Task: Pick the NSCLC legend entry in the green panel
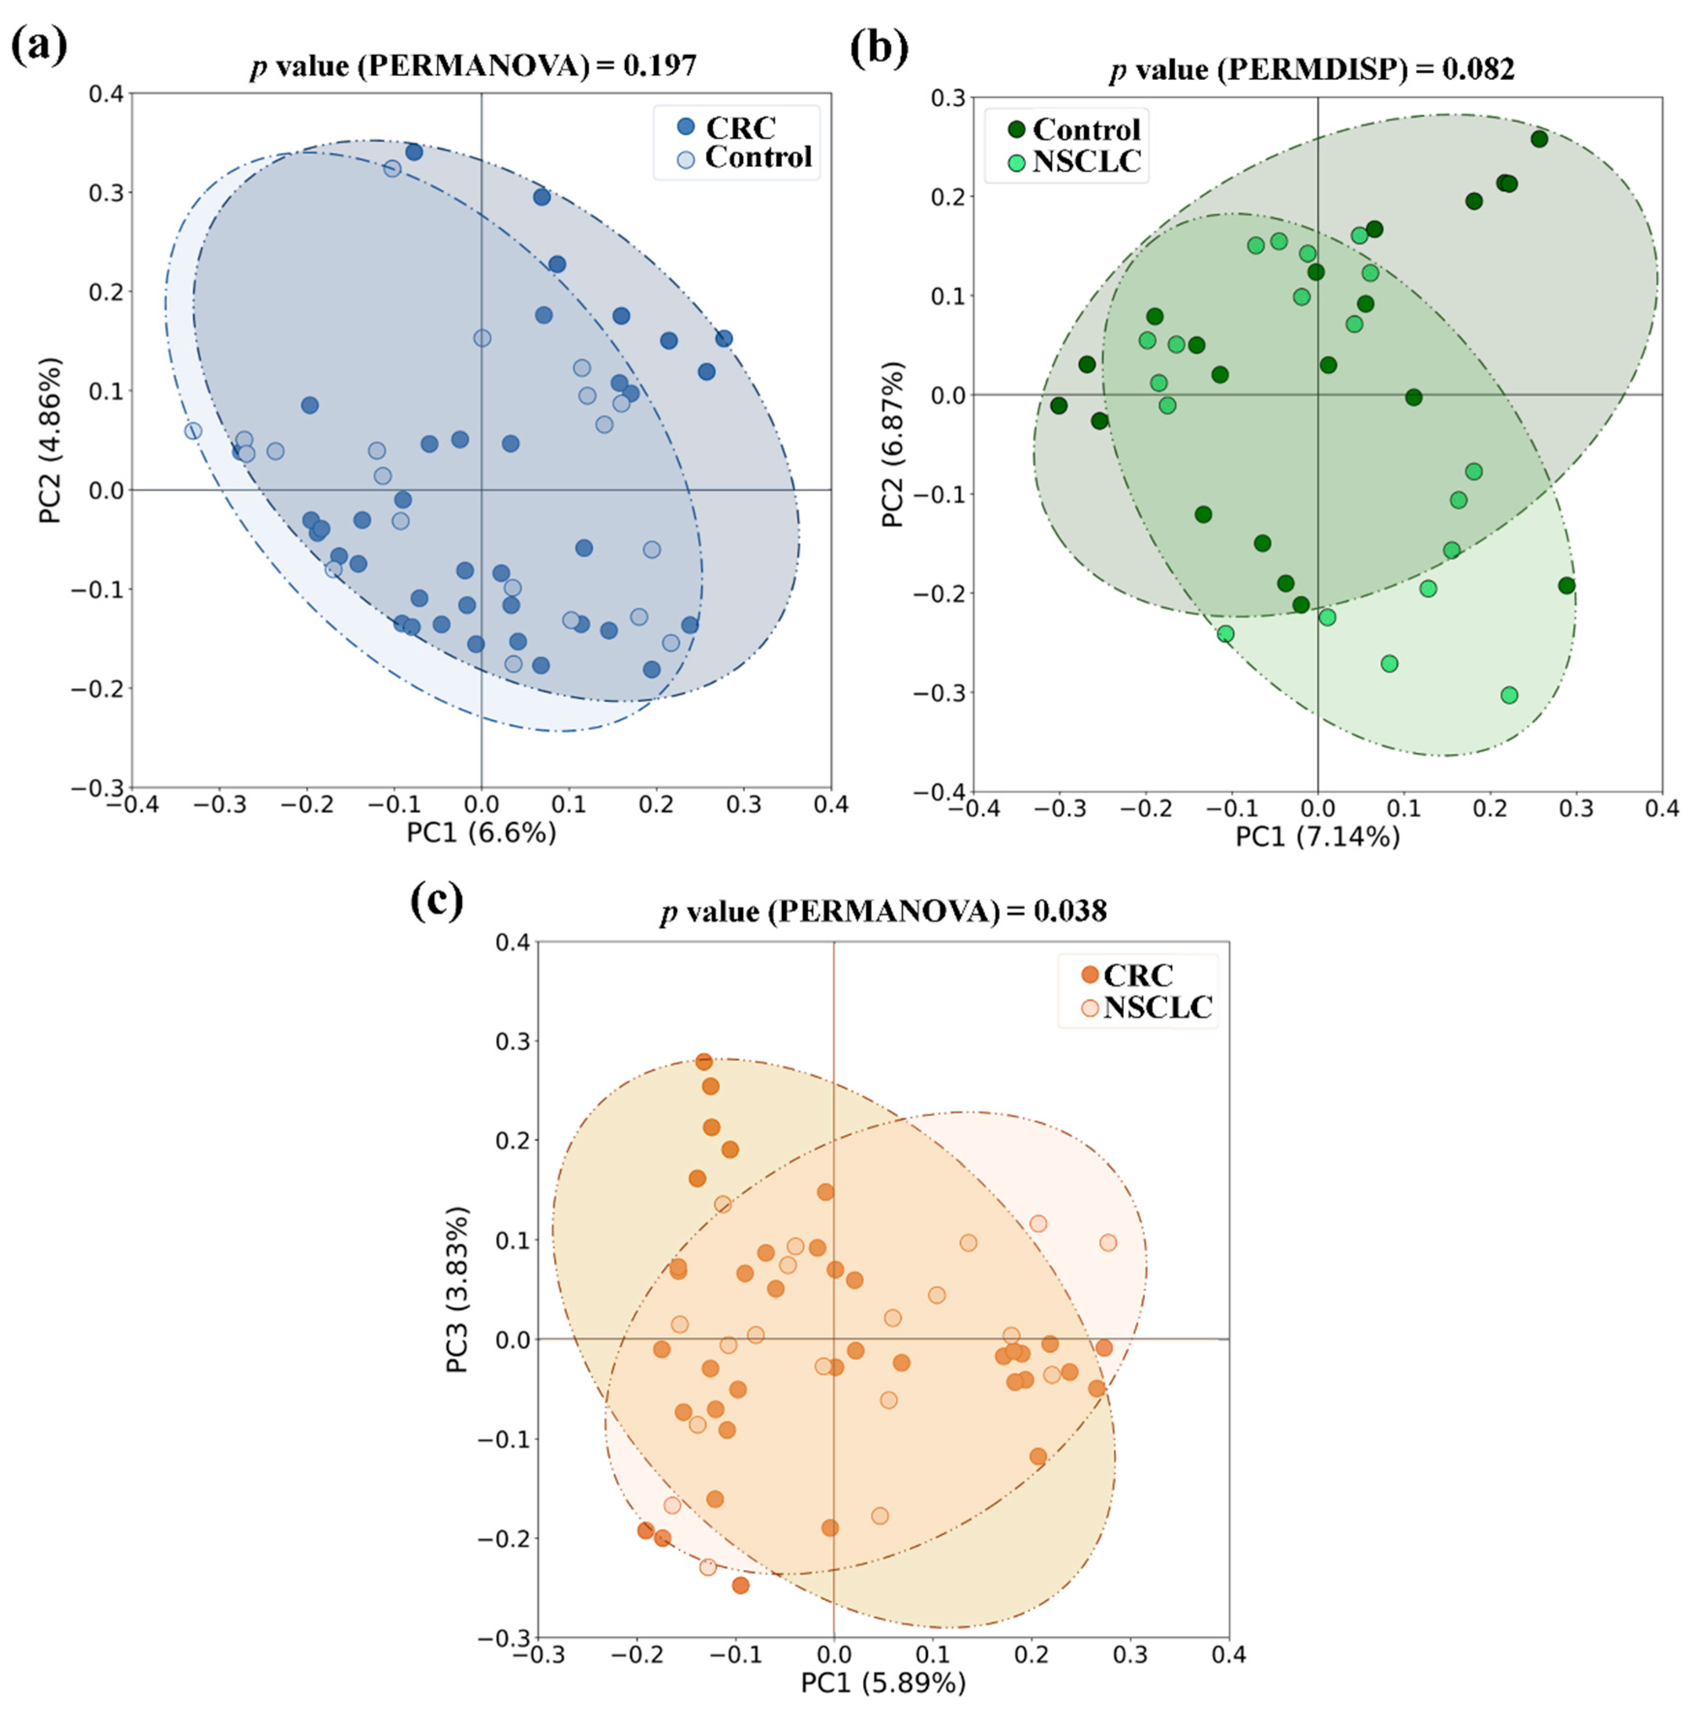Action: (x=1086, y=162)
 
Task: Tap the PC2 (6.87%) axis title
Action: (x=894, y=444)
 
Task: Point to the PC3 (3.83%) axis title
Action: (x=457, y=1289)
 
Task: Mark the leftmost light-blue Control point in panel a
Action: (x=193, y=431)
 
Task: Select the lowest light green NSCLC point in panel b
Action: (x=1509, y=695)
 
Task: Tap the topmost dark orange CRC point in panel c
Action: (x=704, y=1061)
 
